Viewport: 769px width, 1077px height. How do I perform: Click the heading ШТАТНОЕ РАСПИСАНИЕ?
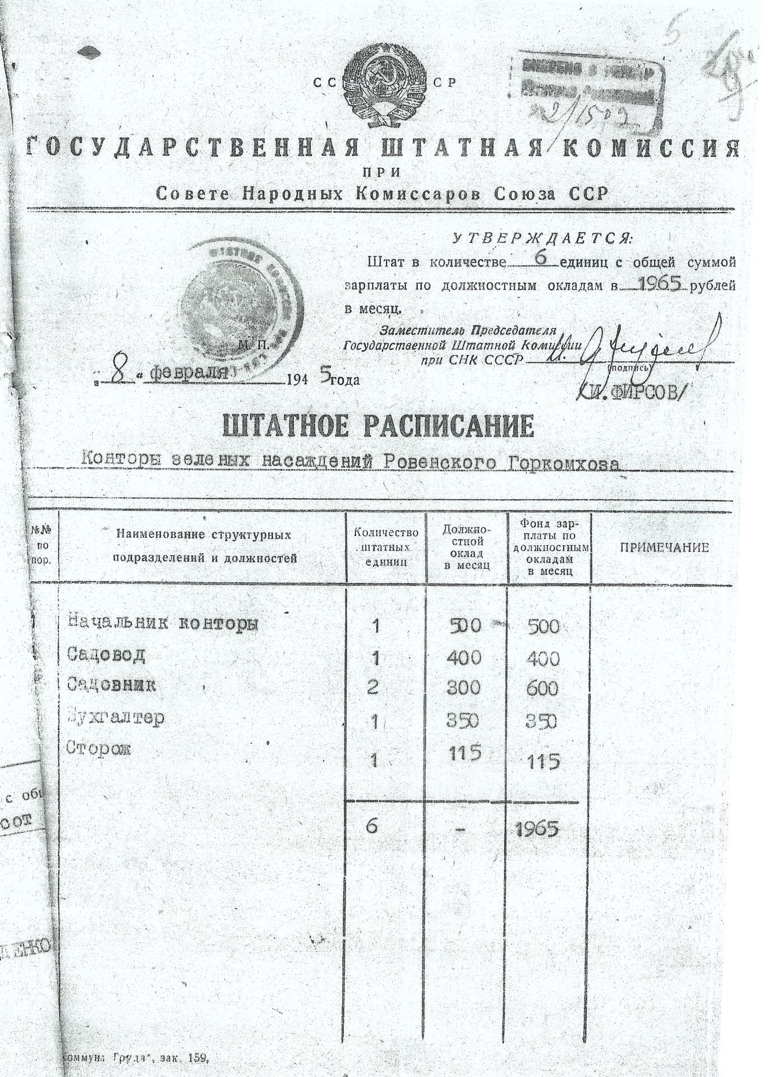tap(379, 427)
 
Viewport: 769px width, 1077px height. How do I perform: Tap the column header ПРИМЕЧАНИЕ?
tap(664, 548)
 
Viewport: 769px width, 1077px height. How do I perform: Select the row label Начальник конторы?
tap(163, 623)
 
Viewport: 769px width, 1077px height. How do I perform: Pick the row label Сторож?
tap(99, 749)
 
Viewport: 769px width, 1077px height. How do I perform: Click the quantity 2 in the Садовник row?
tap(372, 688)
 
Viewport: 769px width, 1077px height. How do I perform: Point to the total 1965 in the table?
tap(538, 829)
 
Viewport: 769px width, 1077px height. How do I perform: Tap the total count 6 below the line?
tap(372, 826)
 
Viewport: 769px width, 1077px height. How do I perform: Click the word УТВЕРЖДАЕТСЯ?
tap(543, 238)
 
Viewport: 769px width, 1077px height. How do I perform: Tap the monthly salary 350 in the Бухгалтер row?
tap(463, 720)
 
